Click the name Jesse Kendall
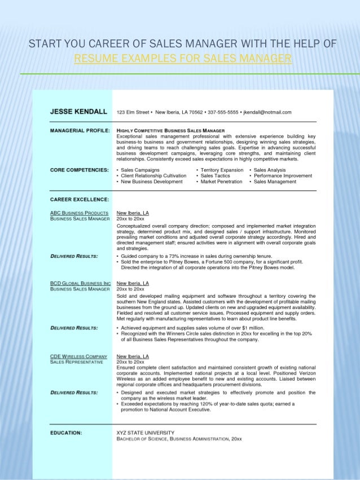(x=78, y=112)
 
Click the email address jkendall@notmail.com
(x=266, y=112)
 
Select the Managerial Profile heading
(x=78, y=130)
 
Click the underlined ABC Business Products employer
(x=79, y=213)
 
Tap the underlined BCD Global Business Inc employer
(x=80, y=283)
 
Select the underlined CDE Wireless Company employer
(x=78, y=356)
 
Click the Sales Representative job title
(x=76, y=362)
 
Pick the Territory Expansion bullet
(x=221, y=170)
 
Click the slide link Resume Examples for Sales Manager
(x=183, y=59)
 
